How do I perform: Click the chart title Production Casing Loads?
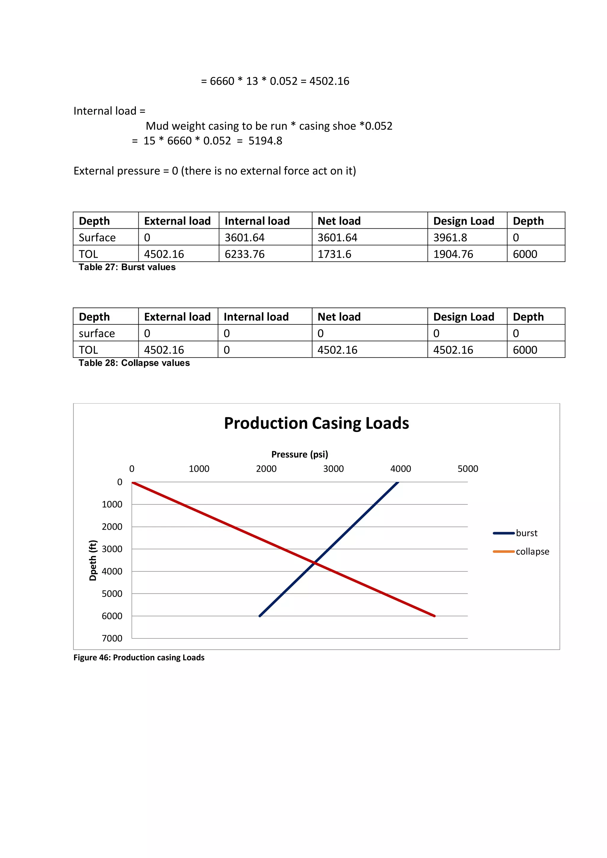pyautogui.click(x=316, y=423)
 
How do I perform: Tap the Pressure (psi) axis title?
pyautogui.click(x=299, y=454)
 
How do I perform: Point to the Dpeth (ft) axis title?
pyautogui.click(x=93, y=560)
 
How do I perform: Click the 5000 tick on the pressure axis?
pyautogui.click(x=468, y=469)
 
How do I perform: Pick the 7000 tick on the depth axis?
pyautogui.click(x=112, y=638)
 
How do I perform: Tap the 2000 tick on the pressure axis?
pyautogui.click(x=266, y=469)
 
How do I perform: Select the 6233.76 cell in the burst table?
pyautogui.click(x=245, y=254)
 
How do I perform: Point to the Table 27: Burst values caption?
pyautogui.click(x=127, y=267)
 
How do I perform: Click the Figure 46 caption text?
pyautogui.click(x=139, y=657)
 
